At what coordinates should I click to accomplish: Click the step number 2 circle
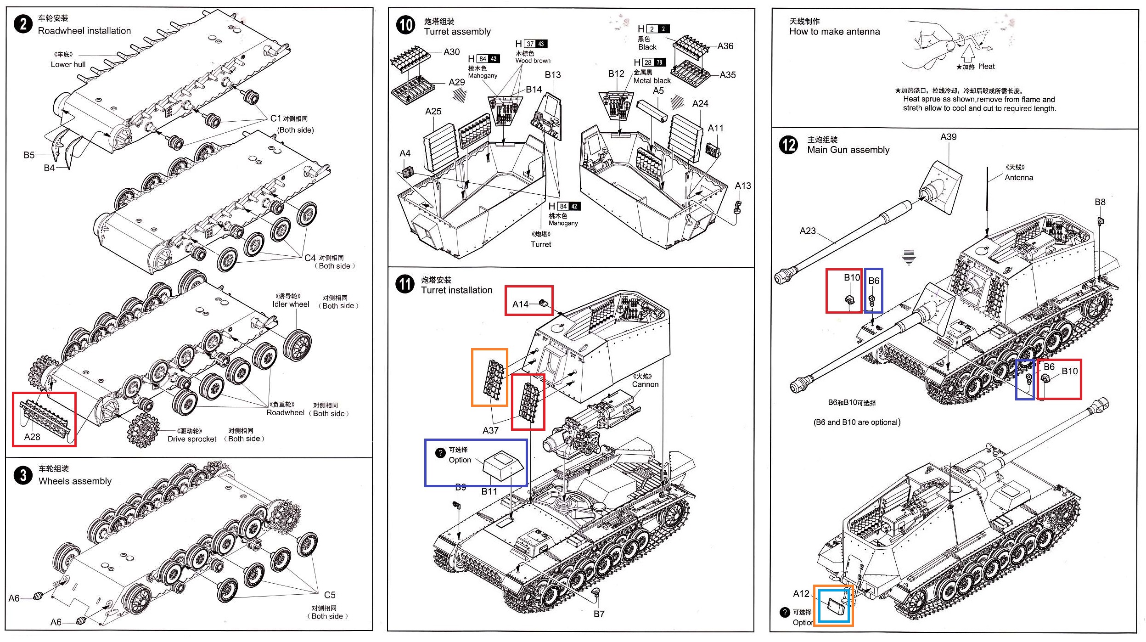[23, 23]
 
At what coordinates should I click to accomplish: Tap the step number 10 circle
[405, 25]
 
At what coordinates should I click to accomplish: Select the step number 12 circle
[788, 145]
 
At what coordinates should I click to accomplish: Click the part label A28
[32, 437]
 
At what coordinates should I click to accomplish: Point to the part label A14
[520, 304]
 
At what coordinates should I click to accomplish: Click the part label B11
[489, 491]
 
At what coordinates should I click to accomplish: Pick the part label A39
[949, 137]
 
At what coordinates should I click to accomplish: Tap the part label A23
[808, 231]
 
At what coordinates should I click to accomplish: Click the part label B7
[599, 614]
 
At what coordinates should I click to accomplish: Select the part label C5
[330, 595]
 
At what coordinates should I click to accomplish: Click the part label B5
[29, 155]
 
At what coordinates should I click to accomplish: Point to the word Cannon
[645, 384]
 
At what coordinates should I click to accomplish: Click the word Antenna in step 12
[1019, 178]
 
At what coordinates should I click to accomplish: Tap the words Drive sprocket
[192, 439]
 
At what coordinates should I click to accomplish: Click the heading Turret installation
[456, 290]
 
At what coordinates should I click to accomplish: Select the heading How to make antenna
[835, 32]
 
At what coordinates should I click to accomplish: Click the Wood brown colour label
[533, 61]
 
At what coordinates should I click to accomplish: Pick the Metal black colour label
[652, 81]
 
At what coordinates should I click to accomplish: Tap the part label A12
[801, 594]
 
